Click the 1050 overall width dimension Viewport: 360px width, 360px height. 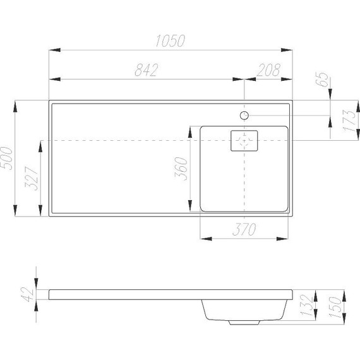[x=169, y=42]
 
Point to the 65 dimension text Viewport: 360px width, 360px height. [x=323, y=80]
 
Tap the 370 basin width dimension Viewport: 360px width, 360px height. [x=244, y=231]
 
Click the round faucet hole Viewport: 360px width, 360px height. [x=244, y=115]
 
